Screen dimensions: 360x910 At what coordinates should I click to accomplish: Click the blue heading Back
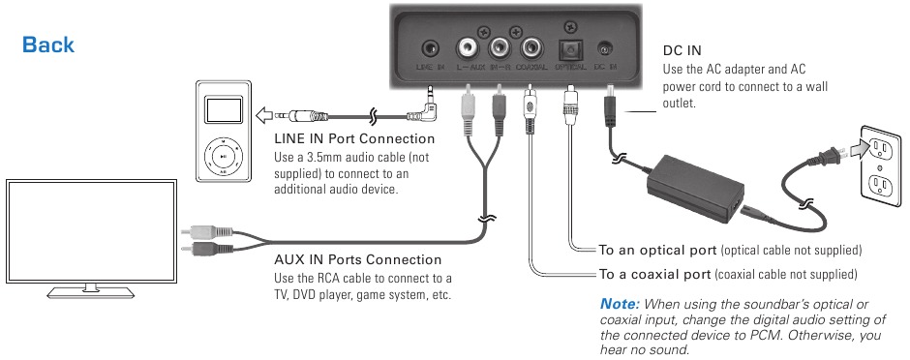[48, 45]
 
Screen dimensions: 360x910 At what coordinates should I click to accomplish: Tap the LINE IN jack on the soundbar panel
[429, 47]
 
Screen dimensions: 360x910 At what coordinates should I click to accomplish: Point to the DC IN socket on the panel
[605, 47]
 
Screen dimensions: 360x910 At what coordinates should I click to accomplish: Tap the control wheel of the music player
[223, 155]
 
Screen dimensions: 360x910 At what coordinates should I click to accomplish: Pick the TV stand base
[90, 288]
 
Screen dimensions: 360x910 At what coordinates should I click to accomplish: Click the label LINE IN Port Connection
[354, 139]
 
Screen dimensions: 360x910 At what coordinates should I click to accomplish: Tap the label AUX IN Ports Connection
[358, 259]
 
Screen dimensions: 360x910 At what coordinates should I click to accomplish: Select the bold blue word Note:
[620, 303]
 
